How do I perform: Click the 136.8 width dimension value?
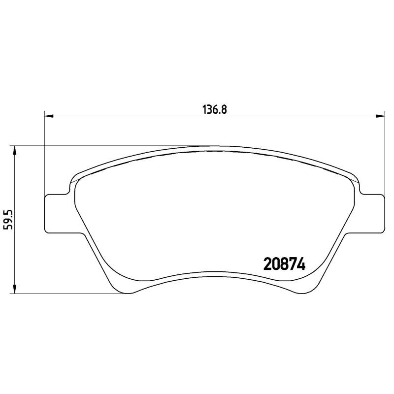click(214, 109)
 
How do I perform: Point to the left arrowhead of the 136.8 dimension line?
click(48, 117)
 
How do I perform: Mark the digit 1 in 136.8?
click(203, 109)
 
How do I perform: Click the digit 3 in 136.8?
click(209, 109)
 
